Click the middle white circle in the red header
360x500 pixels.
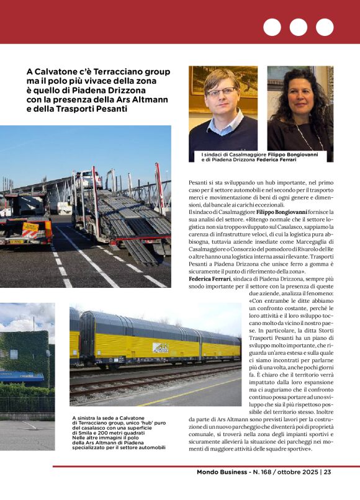[x=299, y=27]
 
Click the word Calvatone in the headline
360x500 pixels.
[x=56, y=71]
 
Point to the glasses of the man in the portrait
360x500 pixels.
[x=222, y=92]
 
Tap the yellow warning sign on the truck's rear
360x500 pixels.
[x=30, y=230]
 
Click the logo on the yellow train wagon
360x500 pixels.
[x=160, y=348]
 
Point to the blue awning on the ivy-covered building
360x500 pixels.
[x=22, y=376]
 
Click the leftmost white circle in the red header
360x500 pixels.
[x=272, y=27]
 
